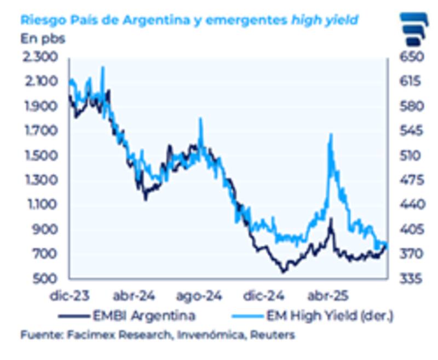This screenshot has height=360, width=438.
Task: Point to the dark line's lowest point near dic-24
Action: point(284,271)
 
